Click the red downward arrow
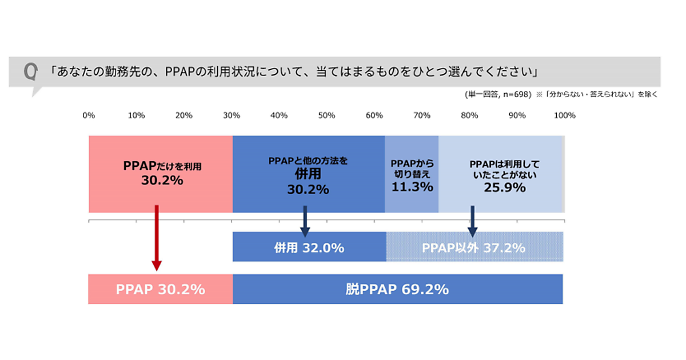[156, 238]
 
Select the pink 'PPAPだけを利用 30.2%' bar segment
[161, 174]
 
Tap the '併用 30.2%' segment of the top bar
[308, 174]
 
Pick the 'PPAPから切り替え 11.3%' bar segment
[412, 174]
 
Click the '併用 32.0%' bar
[309, 248]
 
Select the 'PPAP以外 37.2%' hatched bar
[474, 248]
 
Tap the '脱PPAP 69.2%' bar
[397, 289]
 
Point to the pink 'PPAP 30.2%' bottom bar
[161, 289]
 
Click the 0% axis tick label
[89, 115]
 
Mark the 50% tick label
[326, 115]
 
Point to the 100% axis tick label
[565, 115]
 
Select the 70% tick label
[422, 115]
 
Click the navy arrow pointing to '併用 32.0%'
[305, 221]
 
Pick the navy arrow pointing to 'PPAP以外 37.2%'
[472, 221]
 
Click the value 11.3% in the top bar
[412, 186]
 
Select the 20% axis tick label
[184, 115]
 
